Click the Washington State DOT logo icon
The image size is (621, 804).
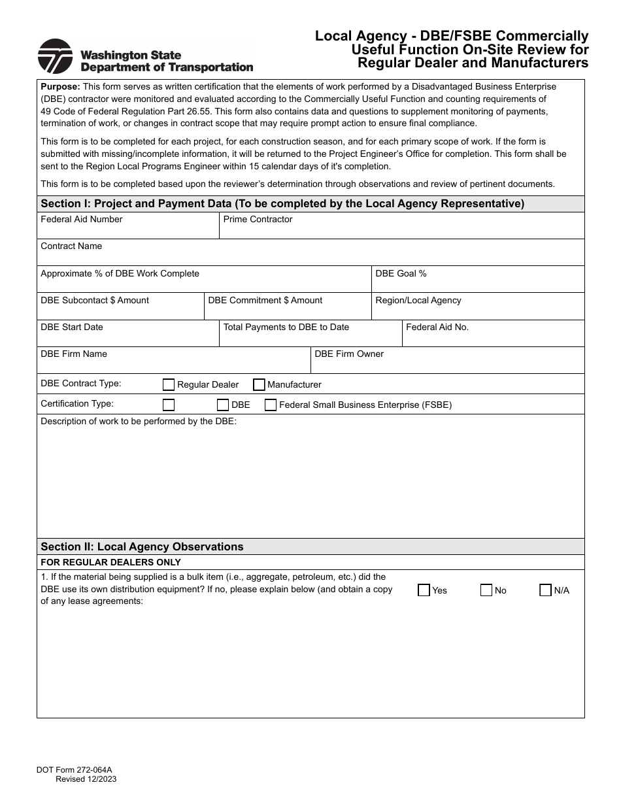click(x=55, y=56)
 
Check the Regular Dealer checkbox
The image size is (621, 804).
click(x=169, y=384)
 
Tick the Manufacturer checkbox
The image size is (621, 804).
click(x=259, y=384)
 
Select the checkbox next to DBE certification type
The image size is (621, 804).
click(x=223, y=405)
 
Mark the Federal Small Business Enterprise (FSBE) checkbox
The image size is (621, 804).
click(x=271, y=405)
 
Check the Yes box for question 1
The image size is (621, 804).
click(x=424, y=590)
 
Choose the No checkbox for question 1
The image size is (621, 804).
click(x=486, y=590)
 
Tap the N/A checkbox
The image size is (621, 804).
click(x=545, y=590)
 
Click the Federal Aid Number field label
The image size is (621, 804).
click(x=82, y=220)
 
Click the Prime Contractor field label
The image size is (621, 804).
click(x=258, y=220)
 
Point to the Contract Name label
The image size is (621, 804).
click(x=71, y=246)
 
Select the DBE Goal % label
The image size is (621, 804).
click(x=401, y=273)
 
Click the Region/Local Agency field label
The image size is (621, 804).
click(x=418, y=300)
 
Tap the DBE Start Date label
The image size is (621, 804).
click(x=72, y=327)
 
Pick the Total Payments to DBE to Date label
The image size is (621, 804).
click(x=286, y=327)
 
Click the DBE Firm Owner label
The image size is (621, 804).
click(x=349, y=354)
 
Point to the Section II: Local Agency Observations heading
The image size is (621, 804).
click(x=142, y=546)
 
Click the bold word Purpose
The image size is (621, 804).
click(x=60, y=86)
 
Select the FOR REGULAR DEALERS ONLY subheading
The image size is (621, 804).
click(x=110, y=562)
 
